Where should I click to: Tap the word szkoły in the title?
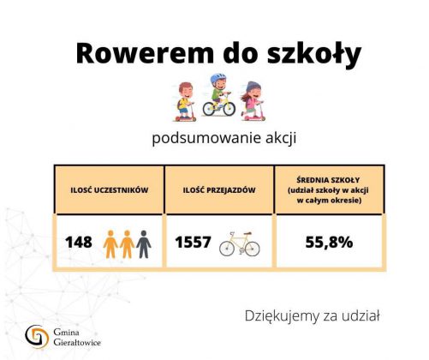click(314, 54)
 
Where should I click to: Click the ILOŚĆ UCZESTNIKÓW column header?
click(110, 190)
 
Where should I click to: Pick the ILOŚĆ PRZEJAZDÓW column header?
click(219, 190)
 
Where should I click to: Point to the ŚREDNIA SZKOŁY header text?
click(328, 180)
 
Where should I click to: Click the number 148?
click(79, 243)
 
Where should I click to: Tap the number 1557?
click(193, 242)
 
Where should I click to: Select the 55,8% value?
click(329, 243)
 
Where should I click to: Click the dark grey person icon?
click(144, 244)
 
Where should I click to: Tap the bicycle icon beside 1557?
click(240, 243)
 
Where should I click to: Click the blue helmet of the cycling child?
click(217, 78)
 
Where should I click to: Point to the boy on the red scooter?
click(186, 102)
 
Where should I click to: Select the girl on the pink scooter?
click(253, 101)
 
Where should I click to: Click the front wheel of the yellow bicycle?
click(229, 109)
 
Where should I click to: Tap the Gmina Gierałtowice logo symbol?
click(37, 337)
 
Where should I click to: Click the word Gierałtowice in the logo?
click(77, 342)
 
